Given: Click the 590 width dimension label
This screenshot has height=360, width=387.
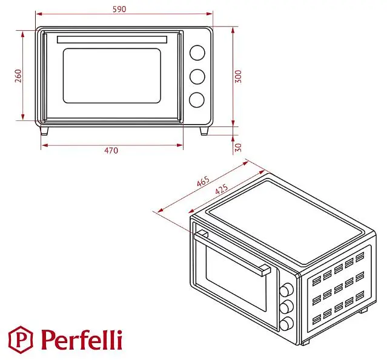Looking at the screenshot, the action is click(119, 9).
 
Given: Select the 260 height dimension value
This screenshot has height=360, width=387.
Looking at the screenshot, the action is click(18, 76).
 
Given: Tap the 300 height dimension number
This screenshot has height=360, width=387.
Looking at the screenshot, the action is click(238, 76).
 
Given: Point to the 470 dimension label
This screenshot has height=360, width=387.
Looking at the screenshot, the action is click(111, 151).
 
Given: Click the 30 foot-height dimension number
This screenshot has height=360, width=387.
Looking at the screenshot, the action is click(238, 148).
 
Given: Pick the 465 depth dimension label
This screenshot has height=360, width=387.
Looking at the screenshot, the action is click(203, 182).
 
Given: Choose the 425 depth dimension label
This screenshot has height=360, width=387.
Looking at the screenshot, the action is click(222, 189).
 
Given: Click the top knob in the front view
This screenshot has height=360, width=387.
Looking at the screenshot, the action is click(197, 53).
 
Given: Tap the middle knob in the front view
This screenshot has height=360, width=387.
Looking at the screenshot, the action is click(197, 77).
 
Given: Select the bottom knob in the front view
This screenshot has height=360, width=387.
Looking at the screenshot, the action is click(197, 100).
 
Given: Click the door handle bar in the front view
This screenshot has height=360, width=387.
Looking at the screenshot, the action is click(112, 40).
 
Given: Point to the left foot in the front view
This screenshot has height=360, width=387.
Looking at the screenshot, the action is click(44, 131).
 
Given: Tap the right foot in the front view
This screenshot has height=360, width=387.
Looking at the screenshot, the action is click(204, 131).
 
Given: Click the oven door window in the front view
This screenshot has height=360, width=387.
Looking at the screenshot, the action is click(112, 76).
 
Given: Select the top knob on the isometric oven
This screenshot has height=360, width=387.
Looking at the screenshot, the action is click(286, 289).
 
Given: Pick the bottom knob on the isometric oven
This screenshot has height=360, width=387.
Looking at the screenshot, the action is click(286, 324).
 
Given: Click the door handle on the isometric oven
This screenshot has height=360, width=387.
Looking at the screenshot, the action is click(232, 252).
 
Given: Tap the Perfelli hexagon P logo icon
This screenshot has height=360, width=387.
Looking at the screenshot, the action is click(21, 339).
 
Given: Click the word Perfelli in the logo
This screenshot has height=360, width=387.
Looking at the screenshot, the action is click(82, 340).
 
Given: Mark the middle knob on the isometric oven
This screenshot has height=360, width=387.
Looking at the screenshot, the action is click(286, 307).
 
